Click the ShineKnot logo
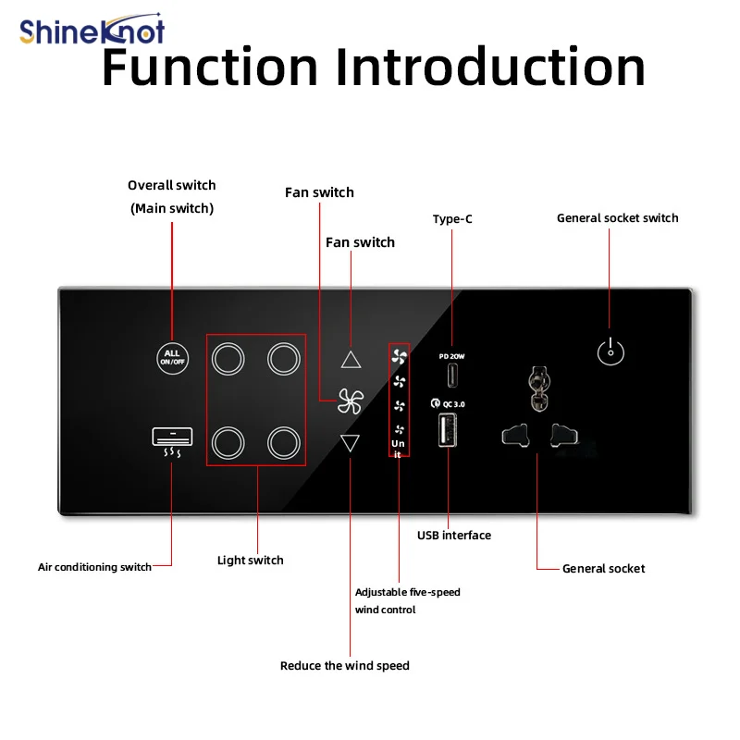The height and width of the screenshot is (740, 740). point(92,30)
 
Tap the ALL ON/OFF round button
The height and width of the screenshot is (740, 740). point(172,358)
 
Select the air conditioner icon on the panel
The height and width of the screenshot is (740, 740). point(172,442)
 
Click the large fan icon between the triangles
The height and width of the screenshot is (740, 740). point(351,401)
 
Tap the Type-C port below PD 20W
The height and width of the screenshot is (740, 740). point(452,376)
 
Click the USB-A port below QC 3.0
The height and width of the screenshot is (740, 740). point(448,429)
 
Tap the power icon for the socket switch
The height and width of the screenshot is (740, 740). point(610,351)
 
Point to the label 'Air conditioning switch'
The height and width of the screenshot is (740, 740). point(94,567)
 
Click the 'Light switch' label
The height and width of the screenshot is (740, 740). point(250,561)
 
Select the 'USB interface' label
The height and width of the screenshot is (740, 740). point(454,536)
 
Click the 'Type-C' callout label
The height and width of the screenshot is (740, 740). point(452,219)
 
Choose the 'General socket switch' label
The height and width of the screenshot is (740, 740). point(617,218)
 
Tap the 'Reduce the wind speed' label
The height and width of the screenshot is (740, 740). point(344,665)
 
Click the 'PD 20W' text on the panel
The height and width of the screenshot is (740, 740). point(451,356)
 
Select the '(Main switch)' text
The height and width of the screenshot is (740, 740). point(172,209)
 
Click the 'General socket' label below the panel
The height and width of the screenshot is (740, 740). point(603,568)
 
